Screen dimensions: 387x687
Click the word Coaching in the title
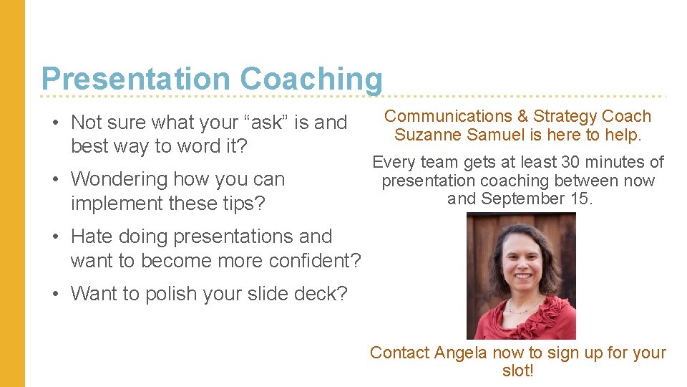click(311, 78)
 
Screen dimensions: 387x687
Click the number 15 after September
click(580, 199)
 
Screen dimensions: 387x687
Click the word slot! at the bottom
click(517, 371)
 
